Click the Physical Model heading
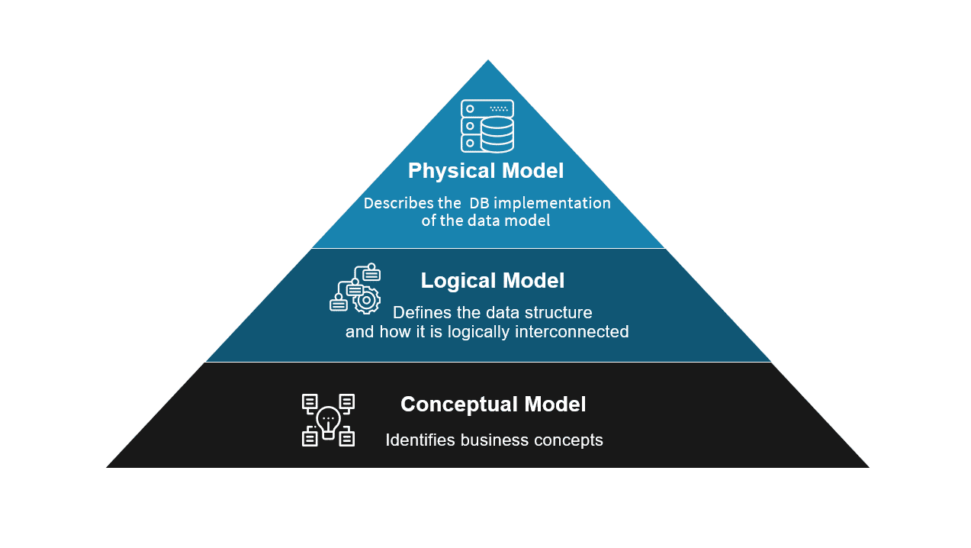pyautogui.click(x=486, y=171)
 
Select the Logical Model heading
pyautogui.click(x=492, y=281)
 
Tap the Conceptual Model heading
pyautogui.click(x=493, y=405)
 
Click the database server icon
pyautogui.click(x=487, y=126)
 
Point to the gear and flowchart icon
pyautogui.click(x=355, y=289)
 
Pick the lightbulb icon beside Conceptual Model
pyautogui.click(x=328, y=420)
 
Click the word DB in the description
pyautogui.click(x=479, y=204)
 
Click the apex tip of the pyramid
pyautogui.click(x=487, y=61)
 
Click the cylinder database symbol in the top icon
pyautogui.click(x=497, y=134)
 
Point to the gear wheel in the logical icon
pyautogui.click(x=367, y=301)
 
